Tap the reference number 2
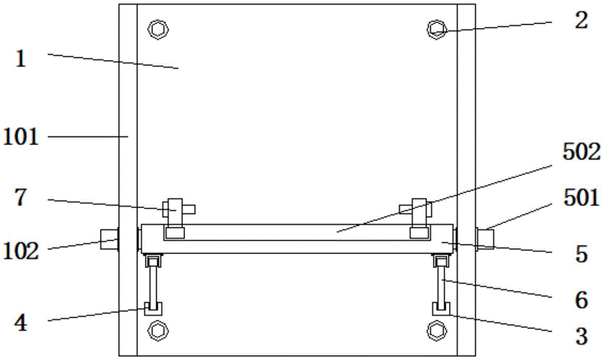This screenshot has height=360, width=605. pyautogui.click(x=581, y=21)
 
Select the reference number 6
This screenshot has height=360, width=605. pyautogui.click(x=581, y=298)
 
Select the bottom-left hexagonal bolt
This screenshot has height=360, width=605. pyautogui.click(x=159, y=330)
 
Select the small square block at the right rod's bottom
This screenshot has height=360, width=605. pyautogui.click(x=440, y=309)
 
